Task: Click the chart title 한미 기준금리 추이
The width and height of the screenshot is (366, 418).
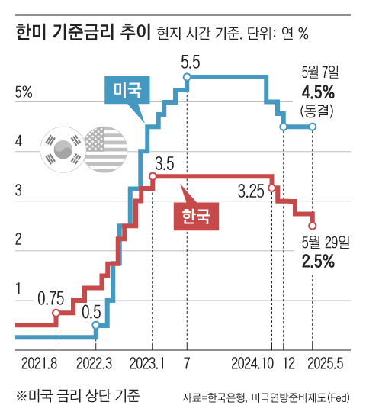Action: point(82,32)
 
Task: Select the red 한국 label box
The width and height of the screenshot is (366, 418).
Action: point(197,217)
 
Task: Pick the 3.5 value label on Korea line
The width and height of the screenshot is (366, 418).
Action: point(165,162)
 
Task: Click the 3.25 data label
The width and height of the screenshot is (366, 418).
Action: point(251,190)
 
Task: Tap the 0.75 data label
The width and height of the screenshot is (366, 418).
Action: point(51,297)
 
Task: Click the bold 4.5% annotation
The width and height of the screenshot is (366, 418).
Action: point(319,93)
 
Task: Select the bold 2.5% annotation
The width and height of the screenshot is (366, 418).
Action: point(319,262)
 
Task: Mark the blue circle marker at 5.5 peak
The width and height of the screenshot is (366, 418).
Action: point(188,76)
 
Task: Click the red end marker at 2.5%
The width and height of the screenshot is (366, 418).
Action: point(313,225)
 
